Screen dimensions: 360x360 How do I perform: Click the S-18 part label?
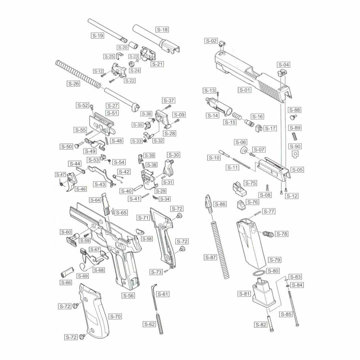pos(162,30)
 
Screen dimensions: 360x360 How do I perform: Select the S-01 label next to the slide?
pos(244,90)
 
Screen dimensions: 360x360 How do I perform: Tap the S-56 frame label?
pos(129,295)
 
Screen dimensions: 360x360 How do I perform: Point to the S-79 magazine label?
pos(275,260)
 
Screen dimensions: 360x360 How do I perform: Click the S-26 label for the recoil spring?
pos(73,84)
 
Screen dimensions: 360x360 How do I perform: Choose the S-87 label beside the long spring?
pos(211,257)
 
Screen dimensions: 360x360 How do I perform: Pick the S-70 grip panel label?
pos(115,316)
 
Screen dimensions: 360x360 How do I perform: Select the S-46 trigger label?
pos(81,189)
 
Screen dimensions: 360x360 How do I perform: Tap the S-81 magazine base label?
pos(244,294)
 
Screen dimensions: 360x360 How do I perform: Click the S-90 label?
pos(296,146)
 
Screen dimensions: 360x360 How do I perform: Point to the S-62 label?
pos(149,324)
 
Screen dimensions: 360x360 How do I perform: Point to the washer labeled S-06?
pos(244,150)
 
